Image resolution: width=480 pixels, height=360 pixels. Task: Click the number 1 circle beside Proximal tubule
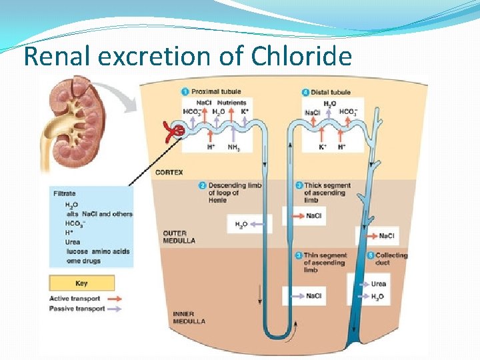185,91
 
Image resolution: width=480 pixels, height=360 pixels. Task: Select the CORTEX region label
169,173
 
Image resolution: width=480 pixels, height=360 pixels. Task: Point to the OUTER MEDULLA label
179,237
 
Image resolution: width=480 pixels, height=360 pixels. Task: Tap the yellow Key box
81,283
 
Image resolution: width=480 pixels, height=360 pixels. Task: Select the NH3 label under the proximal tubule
234,147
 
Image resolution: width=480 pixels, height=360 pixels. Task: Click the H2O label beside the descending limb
241,225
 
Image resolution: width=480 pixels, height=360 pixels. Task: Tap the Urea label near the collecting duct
379,283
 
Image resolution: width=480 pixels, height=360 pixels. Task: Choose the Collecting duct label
391,259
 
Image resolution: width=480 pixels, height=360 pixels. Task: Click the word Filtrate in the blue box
65,194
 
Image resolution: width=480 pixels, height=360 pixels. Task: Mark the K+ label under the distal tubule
323,147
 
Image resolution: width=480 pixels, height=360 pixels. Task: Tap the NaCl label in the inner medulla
313,296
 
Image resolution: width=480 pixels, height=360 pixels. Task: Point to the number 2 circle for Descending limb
202,185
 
